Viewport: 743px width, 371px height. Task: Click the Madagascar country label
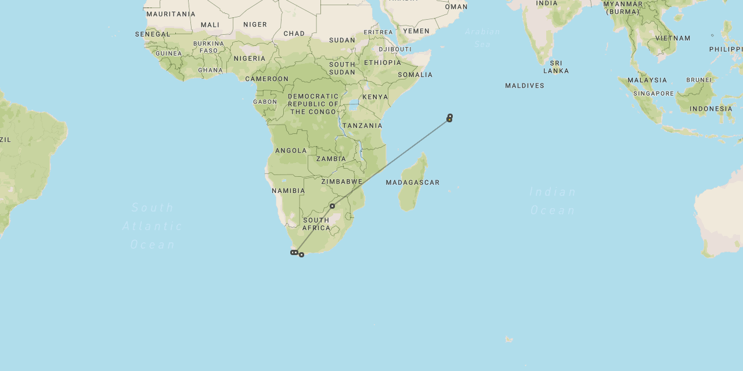413,183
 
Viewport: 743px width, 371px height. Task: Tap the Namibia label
288,191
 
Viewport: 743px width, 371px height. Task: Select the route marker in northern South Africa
332,206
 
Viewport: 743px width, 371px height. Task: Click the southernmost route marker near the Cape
301,255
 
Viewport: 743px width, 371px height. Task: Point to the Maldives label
525,86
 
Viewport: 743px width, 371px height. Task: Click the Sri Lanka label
556,67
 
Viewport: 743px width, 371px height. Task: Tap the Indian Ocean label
553,201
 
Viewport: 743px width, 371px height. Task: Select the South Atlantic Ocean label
153,226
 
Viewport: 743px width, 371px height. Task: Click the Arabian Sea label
482,37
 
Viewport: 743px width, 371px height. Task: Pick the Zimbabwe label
342,181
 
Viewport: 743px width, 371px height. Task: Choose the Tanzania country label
362,126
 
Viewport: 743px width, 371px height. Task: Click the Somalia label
415,75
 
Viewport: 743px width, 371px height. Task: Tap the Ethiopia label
383,63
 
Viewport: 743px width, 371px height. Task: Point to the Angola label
291,151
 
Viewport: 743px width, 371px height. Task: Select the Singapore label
654,93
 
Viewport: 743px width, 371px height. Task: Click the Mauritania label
171,14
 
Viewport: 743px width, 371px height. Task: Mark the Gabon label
265,102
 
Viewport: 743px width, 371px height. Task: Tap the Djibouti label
395,49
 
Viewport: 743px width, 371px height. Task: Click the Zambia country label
331,159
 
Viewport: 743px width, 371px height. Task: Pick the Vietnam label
673,38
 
